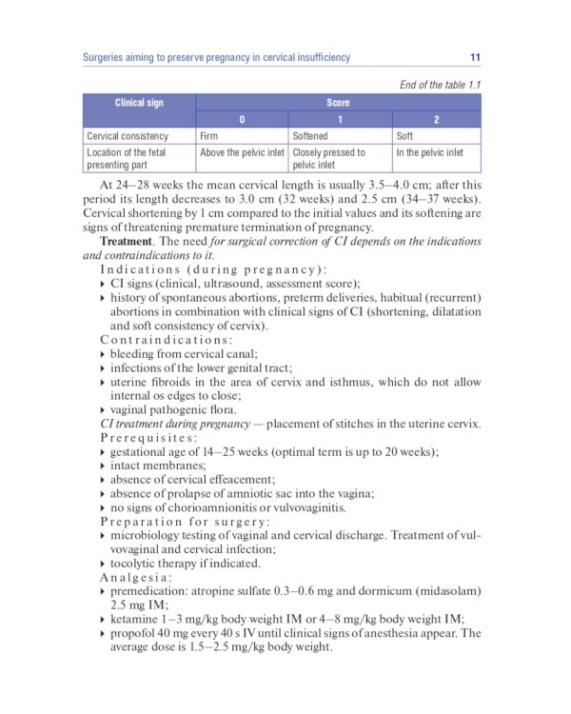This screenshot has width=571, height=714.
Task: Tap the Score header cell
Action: point(338,103)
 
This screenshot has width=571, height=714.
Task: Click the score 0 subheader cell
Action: point(242,119)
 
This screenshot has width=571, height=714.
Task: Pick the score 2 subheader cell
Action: point(436,119)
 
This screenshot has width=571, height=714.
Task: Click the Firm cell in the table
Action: point(209,136)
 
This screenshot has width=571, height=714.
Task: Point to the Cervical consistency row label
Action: point(128,136)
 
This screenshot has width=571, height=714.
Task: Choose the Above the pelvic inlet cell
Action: point(242,152)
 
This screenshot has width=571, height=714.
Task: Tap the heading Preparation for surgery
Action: point(185,522)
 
